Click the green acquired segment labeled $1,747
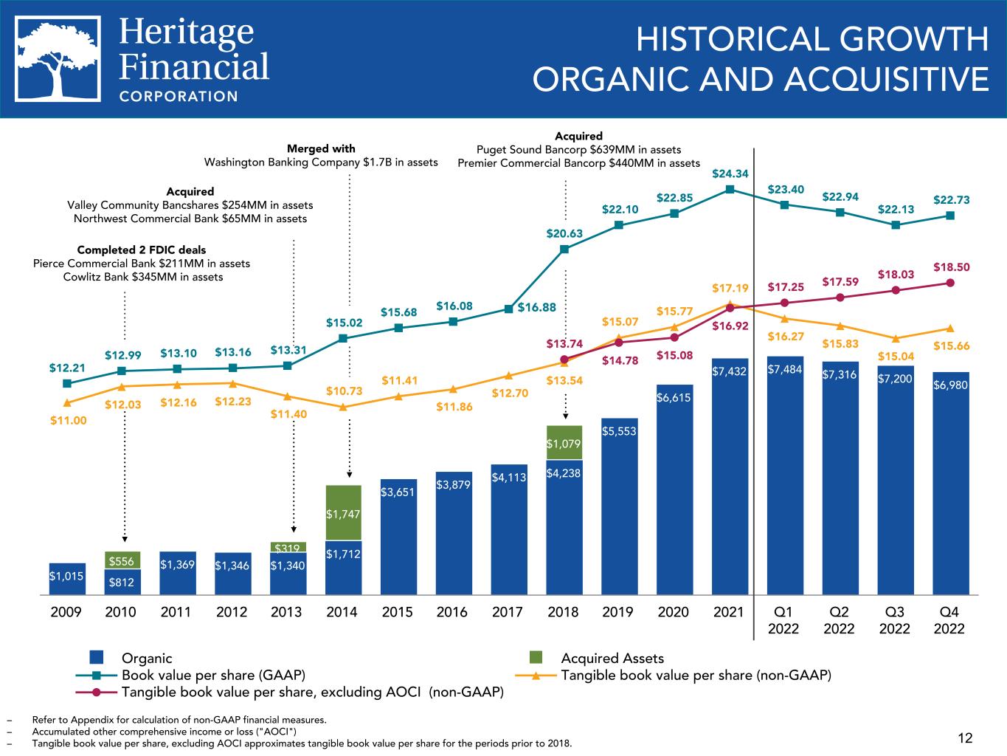click(343, 513)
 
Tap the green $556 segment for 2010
click(122, 560)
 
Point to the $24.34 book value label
click(730, 174)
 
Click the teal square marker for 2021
click(730, 189)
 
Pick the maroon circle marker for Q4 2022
click(950, 283)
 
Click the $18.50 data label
click(951, 267)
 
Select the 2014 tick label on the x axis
click(342, 612)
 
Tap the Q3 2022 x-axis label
click(894, 619)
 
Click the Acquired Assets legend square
click(537, 658)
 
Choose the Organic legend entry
click(146, 658)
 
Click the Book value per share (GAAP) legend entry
click(213, 675)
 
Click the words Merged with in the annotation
click(321, 149)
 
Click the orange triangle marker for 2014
click(343, 407)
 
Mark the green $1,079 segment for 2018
click(564, 442)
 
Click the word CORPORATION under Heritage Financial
click(179, 96)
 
